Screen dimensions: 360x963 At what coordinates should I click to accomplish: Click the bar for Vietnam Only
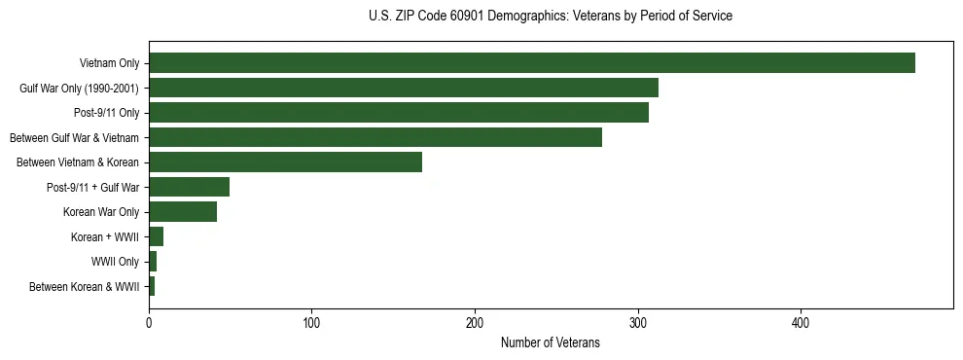[x=531, y=63]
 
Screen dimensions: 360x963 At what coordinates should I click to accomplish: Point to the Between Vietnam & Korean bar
[x=285, y=162]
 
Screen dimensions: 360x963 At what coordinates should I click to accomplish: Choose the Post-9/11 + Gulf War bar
[x=189, y=187]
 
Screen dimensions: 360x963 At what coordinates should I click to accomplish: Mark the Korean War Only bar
[x=183, y=212]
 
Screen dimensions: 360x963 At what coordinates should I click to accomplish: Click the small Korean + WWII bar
[x=156, y=236]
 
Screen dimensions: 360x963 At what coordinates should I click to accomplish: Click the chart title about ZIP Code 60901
[x=551, y=17]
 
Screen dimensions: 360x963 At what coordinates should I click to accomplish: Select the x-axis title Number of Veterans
[x=551, y=343]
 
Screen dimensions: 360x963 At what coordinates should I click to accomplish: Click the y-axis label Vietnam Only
[x=109, y=63]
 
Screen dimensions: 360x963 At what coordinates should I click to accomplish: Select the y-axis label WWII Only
[x=115, y=262]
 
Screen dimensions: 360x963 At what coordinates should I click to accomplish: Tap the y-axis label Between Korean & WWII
[x=84, y=287]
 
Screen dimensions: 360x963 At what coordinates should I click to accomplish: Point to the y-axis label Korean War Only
[x=101, y=212]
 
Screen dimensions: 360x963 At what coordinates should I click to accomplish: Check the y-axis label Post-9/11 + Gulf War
[x=92, y=187]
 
